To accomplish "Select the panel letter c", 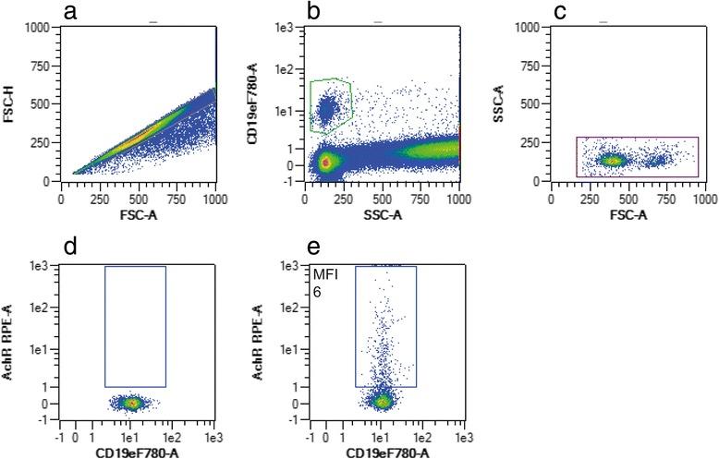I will point(558,11).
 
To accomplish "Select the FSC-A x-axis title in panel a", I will point(138,214).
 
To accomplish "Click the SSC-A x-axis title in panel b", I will point(382,214).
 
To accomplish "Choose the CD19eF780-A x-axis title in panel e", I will point(383,452).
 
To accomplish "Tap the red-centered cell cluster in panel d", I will point(131,403).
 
